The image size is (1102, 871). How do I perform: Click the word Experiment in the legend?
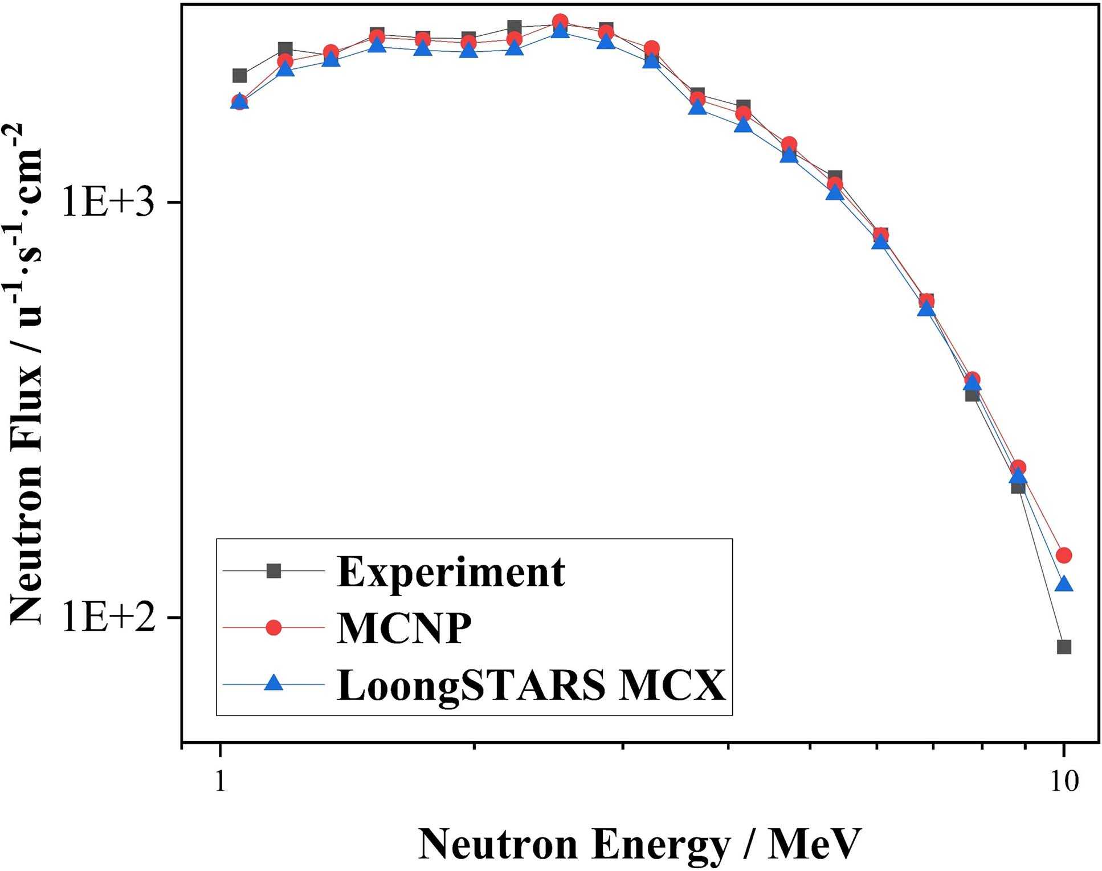pos(451,572)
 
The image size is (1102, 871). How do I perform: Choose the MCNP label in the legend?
pos(404,628)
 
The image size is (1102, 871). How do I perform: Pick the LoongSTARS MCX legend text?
pos(531,684)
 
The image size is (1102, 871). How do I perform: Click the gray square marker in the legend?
pos(274,570)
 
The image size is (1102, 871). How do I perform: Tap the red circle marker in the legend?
pos(274,627)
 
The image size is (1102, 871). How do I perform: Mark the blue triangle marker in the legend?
pos(274,683)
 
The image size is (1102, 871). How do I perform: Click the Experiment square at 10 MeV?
pos(1063,647)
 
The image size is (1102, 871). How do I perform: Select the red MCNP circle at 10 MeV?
pos(1063,555)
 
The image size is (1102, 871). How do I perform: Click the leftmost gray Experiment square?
pos(240,76)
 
